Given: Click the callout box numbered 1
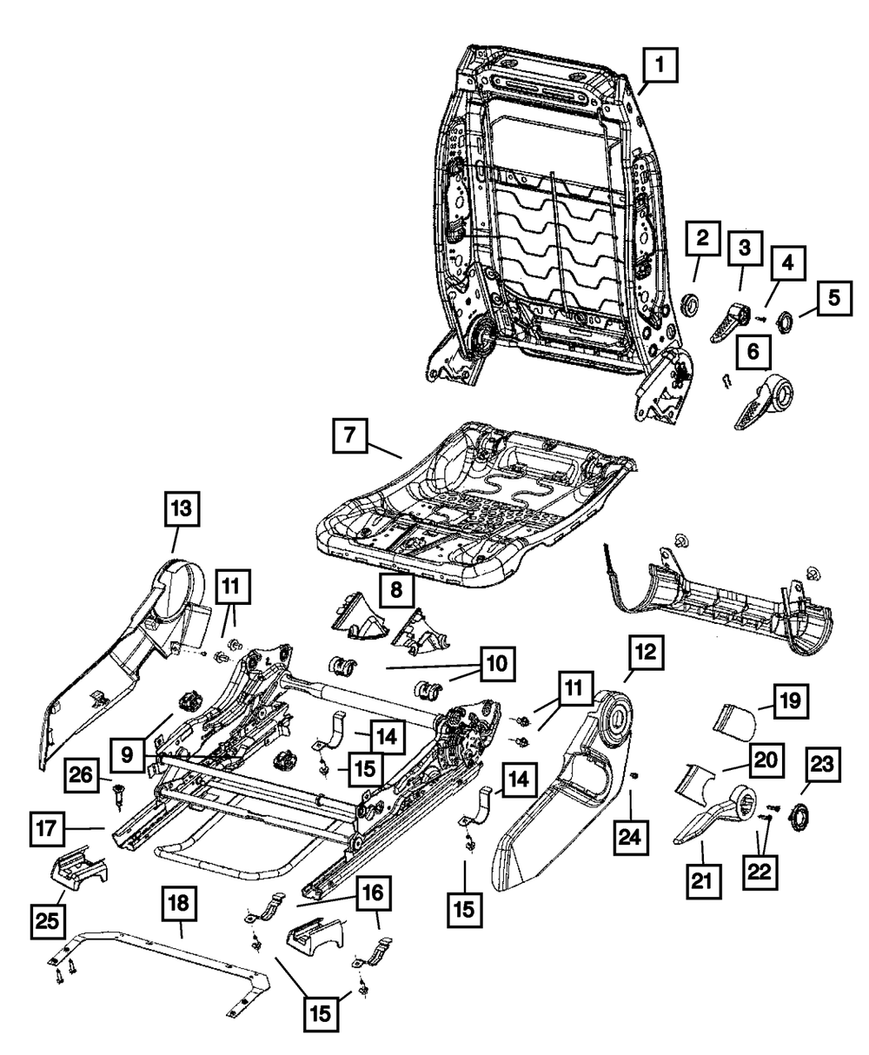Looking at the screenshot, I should (660, 64).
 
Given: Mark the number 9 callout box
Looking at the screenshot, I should (128, 755).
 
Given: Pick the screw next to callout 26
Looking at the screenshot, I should (117, 793).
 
